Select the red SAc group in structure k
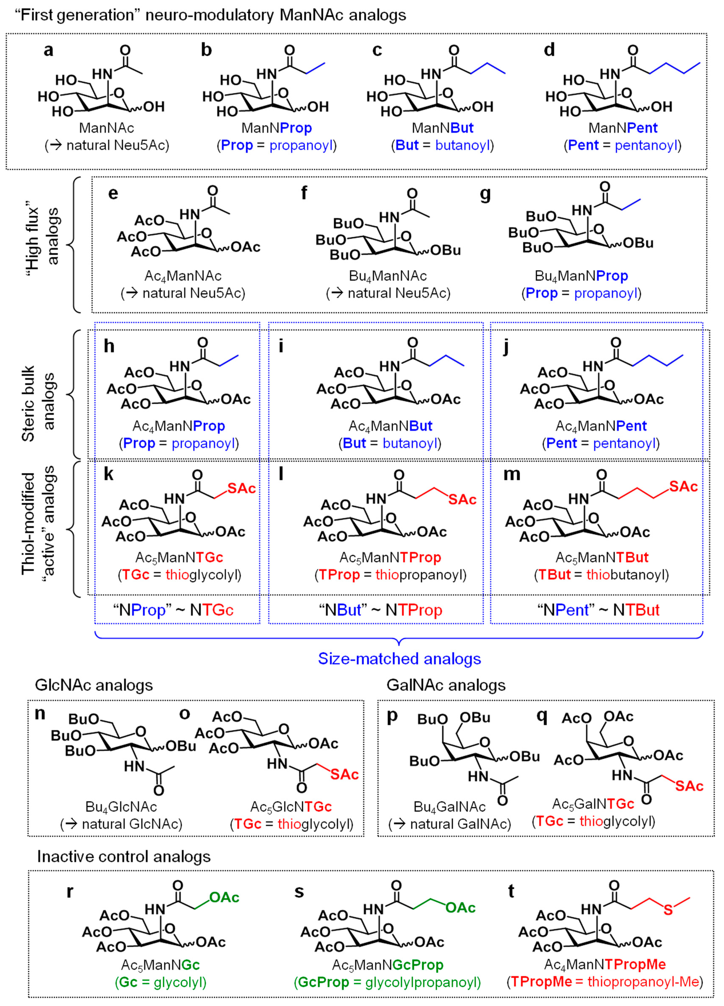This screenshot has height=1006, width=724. pos(241,488)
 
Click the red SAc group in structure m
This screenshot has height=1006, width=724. pos(683,487)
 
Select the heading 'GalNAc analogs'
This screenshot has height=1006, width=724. pos(446,685)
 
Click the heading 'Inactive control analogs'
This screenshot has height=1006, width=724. pos(124,857)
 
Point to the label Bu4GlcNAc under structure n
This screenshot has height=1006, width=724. pos(121,806)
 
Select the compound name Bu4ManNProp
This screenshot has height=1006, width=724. pos(581,276)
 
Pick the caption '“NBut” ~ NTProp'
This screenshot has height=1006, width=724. pos(381,610)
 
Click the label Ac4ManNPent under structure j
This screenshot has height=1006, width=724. pos(601,426)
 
